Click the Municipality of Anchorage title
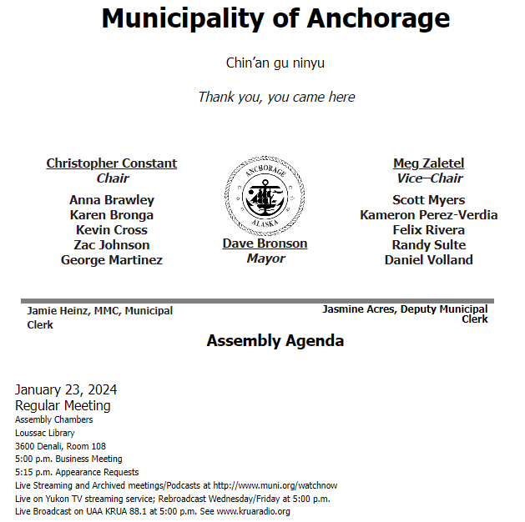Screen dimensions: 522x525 [275, 18]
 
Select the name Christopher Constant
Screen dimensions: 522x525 [112, 163]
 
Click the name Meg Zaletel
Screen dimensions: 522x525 [428, 163]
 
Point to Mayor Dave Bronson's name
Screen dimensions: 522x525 [265, 243]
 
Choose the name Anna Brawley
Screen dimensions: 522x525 [112, 200]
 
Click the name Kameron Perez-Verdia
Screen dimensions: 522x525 [428, 215]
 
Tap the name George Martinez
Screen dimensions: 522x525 [112, 260]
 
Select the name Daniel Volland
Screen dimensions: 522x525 [428, 260]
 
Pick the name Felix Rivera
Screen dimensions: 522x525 [428, 230]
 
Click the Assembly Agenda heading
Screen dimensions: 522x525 [275, 341]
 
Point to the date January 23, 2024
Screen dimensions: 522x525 [66, 389]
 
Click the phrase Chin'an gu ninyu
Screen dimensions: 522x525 [275, 63]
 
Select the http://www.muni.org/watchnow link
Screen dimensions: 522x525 [275, 485]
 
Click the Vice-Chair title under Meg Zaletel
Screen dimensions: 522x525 [428, 178]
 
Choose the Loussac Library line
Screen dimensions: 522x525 [45, 434]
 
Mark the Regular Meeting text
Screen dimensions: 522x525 [63, 406]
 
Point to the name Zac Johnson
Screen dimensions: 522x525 [112, 245]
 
